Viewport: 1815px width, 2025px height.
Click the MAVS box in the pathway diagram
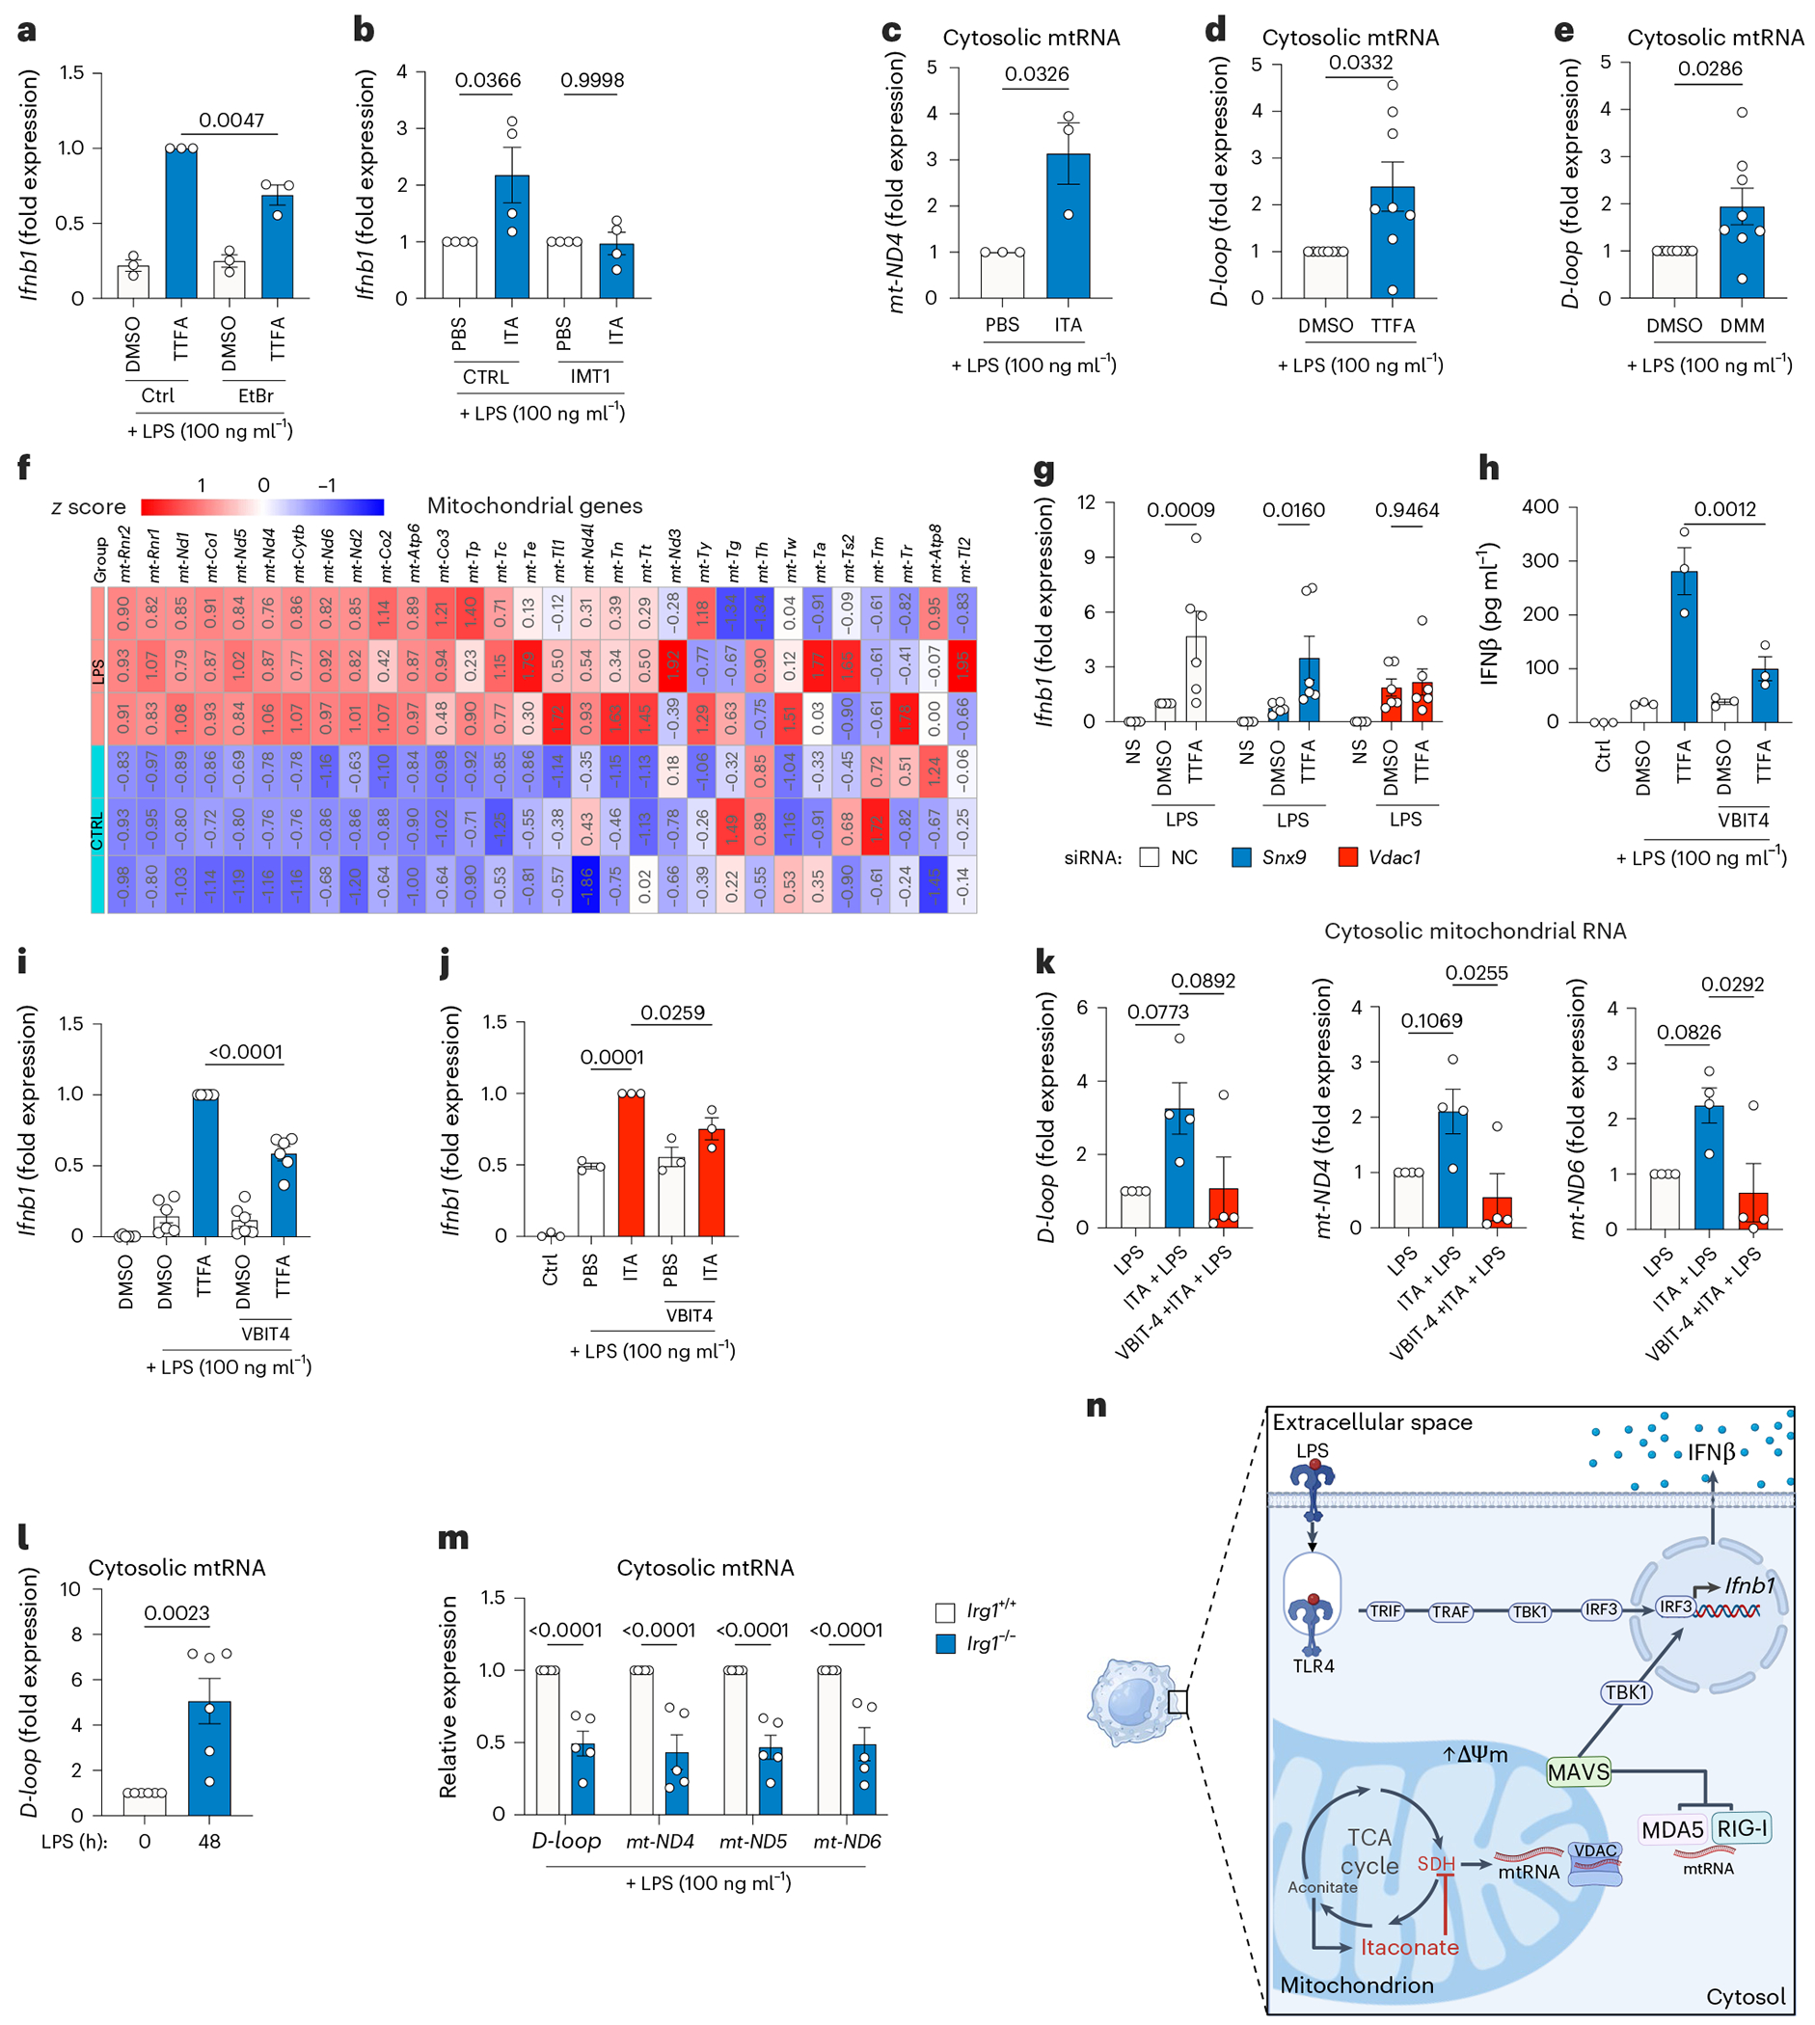click(x=1578, y=1771)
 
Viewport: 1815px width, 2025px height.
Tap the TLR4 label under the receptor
click(x=1314, y=1666)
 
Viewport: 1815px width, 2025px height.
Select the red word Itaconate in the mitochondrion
click(x=1409, y=1947)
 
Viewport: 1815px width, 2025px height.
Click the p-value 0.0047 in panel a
click(x=231, y=121)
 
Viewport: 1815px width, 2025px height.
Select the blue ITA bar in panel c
click(x=1068, y=226)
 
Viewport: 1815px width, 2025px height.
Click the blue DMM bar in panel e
click(x=1741, y=253)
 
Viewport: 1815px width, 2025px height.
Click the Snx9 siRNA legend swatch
click(x=1241, y=857)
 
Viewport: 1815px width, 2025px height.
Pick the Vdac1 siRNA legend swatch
click(x=1348, y=857)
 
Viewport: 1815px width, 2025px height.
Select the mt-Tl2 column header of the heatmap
click(x=964, y=559)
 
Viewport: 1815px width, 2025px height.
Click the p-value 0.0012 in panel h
click(x=1725, y=509)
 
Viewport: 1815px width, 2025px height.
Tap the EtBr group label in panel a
click(x=256, y=395)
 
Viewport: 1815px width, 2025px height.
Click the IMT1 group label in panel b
click(x=590, y=377)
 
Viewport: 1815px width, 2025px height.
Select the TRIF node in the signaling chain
click(x=1385, y=1611)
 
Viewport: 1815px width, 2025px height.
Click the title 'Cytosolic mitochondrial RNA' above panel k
click(x=1475, y=931)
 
